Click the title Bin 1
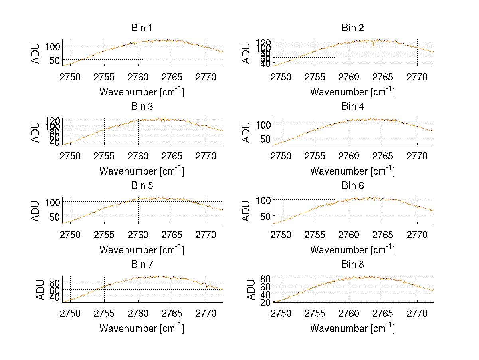141,28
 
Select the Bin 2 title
352,28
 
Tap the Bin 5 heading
141,185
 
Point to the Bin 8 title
352,264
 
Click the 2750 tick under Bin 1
70,77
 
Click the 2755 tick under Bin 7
104,313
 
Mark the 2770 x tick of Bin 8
417,313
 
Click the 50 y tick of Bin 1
55,60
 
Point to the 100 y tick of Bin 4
263,125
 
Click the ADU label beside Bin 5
36,211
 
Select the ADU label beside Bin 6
247,211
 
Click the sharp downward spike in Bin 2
374,45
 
